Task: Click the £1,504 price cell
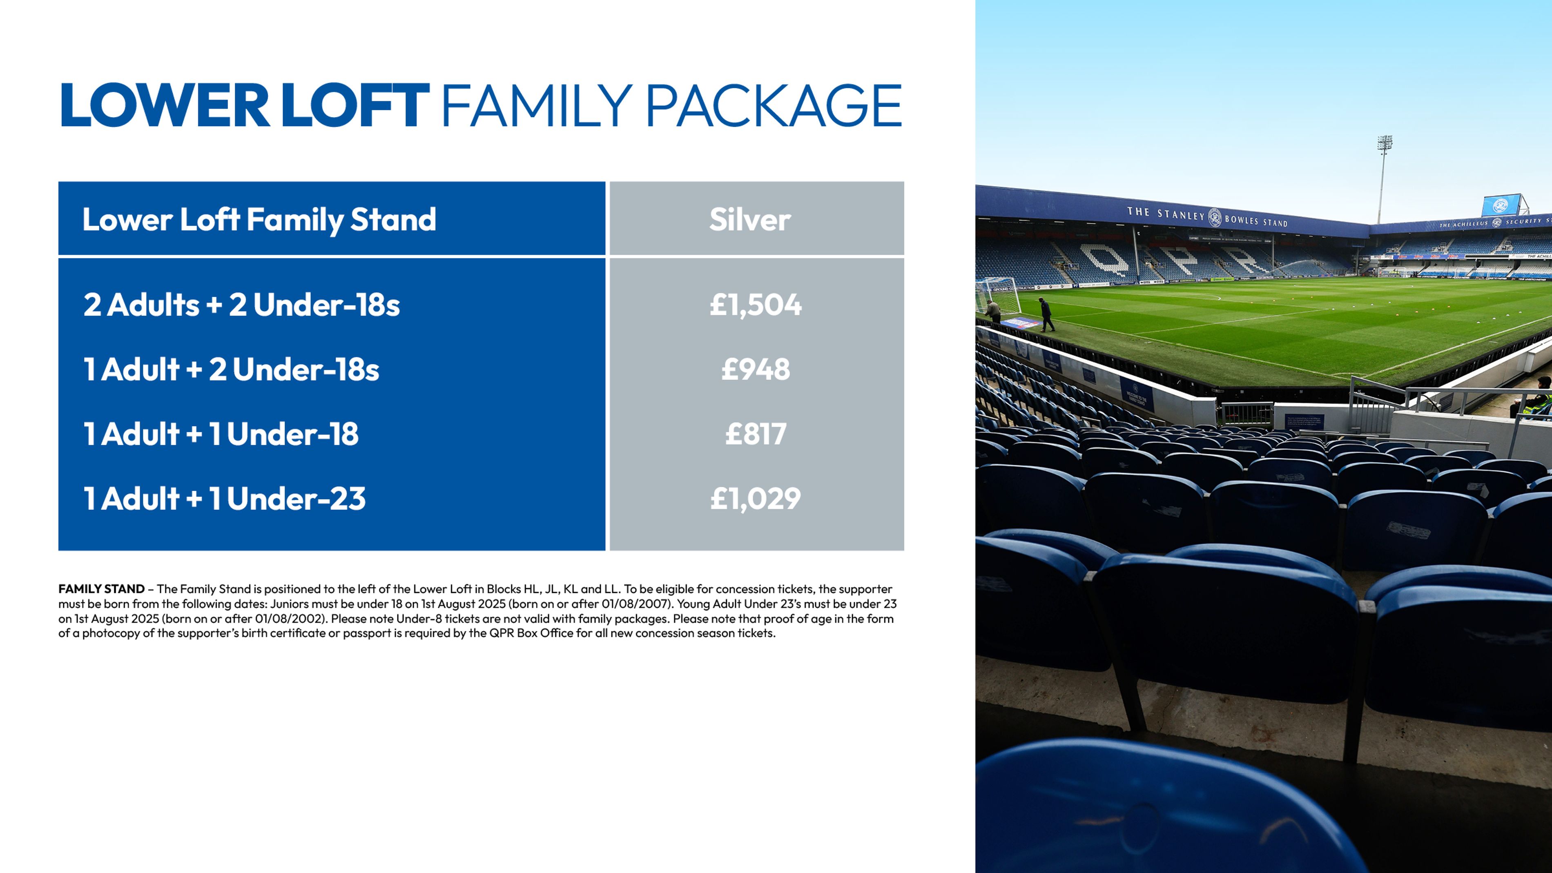click(756, 305)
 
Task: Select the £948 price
click(756, 369)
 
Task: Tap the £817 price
click(756, 434)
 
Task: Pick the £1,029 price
click(756, 498)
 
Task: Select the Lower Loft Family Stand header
click(259, 219)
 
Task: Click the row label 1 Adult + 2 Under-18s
click(231, 369)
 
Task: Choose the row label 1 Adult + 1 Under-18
click(221, 434)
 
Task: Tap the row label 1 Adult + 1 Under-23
click(225, 498)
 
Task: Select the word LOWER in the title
click(165, 106)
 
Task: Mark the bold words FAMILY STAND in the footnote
click(101, 589)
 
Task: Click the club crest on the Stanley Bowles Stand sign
click(1215, 217)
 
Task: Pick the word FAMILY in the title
click(537, 106)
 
